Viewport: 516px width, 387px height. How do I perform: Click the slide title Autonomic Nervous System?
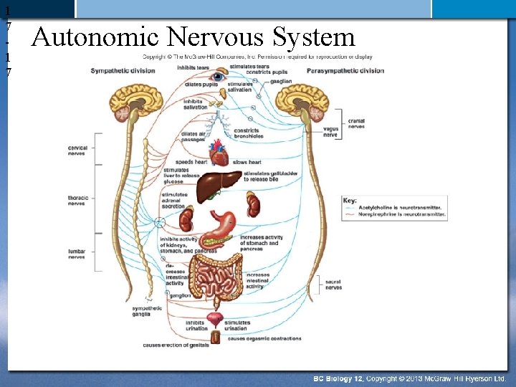coord(193,37)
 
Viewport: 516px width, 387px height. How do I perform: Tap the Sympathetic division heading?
coord(123,70)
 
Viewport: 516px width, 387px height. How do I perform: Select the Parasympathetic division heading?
coord(345,70)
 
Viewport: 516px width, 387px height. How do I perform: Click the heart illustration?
coord(219,153)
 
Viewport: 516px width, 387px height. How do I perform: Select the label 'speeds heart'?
coord(191,163)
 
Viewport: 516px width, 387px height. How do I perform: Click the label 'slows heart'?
coord(249,163)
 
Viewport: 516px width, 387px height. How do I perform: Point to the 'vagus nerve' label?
coord(330,132)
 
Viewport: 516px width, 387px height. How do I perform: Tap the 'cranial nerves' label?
coord(356,124)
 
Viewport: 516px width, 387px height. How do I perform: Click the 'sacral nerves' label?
coord(333,285)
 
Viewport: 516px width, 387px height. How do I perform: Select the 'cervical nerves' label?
coord(77,150)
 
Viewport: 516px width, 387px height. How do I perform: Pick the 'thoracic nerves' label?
coord(77,201)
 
